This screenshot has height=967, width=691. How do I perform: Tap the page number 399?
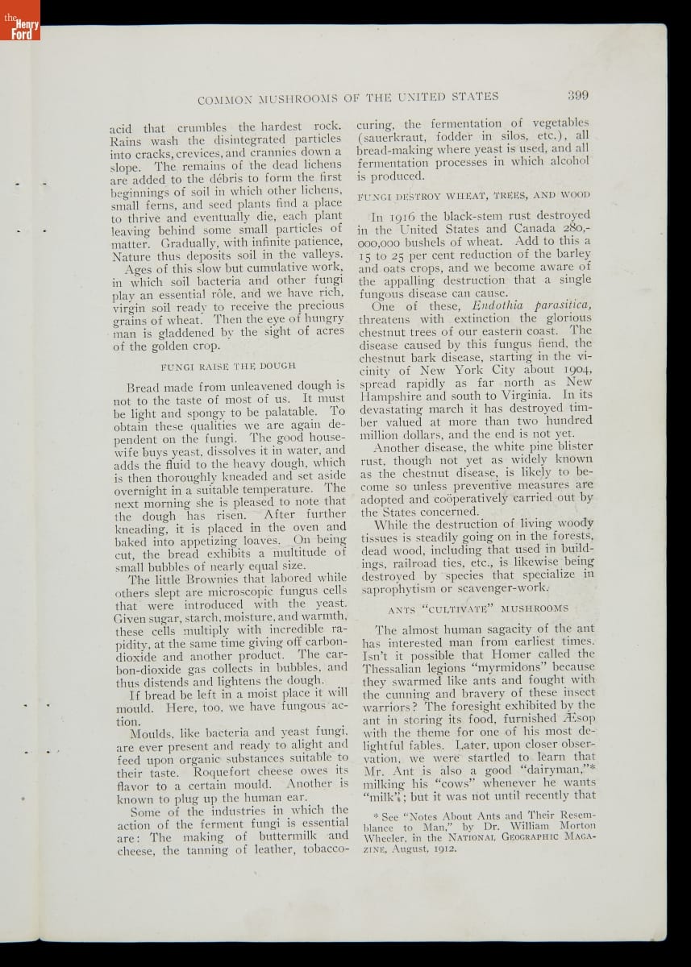tap(577, 95)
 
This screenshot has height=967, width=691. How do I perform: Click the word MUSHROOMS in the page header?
tap(298, 98)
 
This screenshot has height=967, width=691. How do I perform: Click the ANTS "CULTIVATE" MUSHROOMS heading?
tap(477, 608)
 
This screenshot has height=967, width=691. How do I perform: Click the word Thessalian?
tap(398, 667)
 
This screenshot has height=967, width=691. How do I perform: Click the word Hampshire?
tap(398, 396)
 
